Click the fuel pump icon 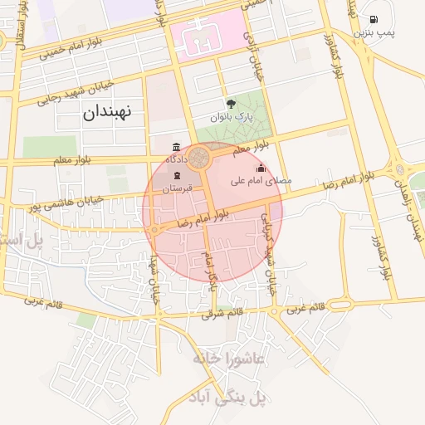click(373, 19)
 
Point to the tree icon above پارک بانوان click(231, 104)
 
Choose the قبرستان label click(177, 188)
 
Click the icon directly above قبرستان click(176, 175)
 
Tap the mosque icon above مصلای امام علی click(261, 168)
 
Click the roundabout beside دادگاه click(200, 157)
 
